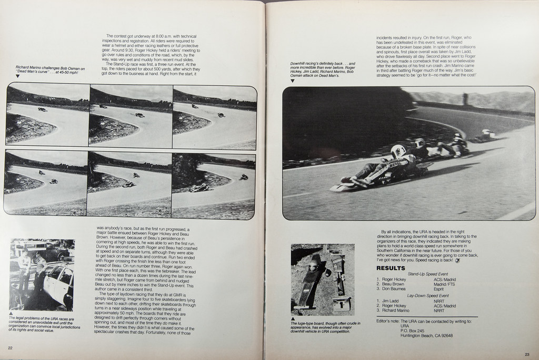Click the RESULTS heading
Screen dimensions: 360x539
(391, 268)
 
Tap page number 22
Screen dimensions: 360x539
(11, 347)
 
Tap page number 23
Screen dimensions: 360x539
(527, 354)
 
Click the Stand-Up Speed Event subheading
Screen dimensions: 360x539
(427, 274)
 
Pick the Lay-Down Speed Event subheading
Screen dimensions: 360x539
(427, 295)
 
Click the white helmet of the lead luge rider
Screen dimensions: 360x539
(398, 151)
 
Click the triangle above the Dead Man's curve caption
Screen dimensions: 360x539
(17, 76)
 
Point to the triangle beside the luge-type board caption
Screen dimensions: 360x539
(293, 318)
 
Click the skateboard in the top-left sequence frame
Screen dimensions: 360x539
(42, 109)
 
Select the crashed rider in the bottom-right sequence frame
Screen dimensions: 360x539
(199, 188)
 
